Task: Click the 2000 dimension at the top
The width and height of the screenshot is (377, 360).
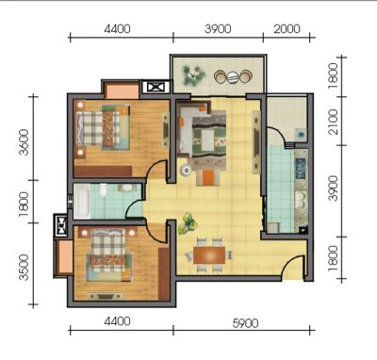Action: coord(287,29)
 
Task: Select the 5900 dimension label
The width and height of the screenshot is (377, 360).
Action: coord(245,323)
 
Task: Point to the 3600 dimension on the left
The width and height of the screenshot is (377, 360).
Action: coord(24,142)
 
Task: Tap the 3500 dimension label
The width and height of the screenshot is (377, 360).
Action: coord(24,268)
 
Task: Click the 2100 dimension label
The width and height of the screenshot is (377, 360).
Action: coord(333,122)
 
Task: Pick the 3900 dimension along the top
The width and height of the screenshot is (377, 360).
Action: coord(218,29)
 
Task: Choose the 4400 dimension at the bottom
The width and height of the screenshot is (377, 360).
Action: coord(117,321)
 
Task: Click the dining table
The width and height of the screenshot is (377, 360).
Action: coord(209,255)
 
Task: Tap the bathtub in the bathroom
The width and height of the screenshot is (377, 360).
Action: coord(82,201)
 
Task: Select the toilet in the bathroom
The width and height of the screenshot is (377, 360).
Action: coord(103,190)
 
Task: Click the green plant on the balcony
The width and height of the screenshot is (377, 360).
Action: coord(193,75)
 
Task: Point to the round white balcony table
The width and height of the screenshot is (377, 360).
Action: coord(233,76)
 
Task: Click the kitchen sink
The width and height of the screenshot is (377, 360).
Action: coord(301,200)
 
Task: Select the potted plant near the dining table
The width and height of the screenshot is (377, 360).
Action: coord(188,223)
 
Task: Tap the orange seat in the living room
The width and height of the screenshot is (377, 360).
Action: coord(207,177)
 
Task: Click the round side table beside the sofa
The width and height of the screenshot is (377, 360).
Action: coord(186,171)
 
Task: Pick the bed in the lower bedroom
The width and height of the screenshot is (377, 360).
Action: coord(109,254)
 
